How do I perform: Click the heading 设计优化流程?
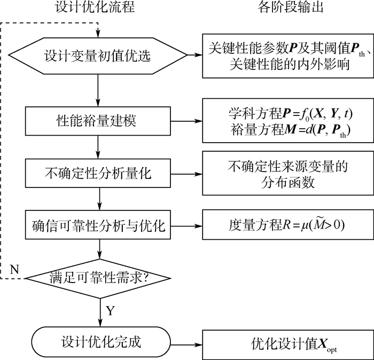pos(95,7)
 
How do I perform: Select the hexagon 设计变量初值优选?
pos(99,55)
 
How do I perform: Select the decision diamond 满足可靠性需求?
pos(99,278)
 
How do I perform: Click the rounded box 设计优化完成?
pos(99,341)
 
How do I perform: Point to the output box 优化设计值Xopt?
pos(286,341)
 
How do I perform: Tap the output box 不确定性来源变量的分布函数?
pos(286,174)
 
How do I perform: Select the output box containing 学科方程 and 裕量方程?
pos(286,121)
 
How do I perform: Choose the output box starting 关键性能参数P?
pos(286,56)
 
